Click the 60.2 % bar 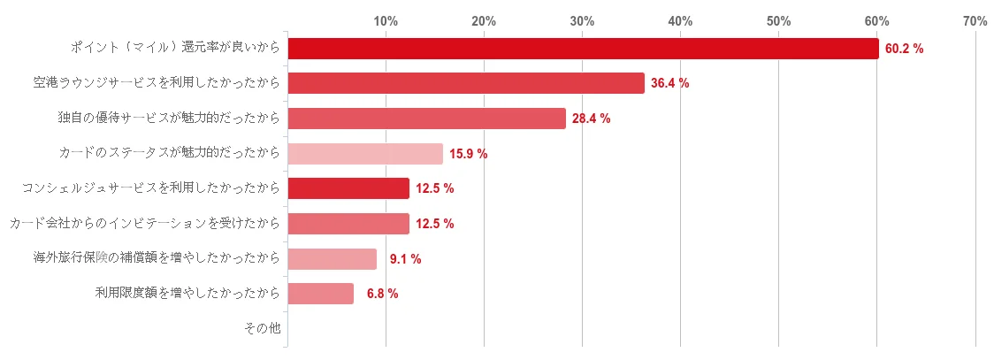(x=583, y=49)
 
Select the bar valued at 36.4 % (x=466, y=83)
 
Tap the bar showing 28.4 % (x=426, y=119)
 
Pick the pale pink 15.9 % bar (x=365, y=154)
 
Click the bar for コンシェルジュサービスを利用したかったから (x=348, y=188)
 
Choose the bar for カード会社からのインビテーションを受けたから (x=348, y=224)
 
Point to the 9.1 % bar (x=333, y=259)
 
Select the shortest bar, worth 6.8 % (x=321, y=294)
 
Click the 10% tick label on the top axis (x=386, y=20)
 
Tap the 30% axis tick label (x=582, y=20)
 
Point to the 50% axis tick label (x=778, y=20)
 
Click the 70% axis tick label (x=975, y=20)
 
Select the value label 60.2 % (x=904, y=50)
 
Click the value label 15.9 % (x=468, y=154)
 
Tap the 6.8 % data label (x=382, y=294)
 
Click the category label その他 (x=262, y=329)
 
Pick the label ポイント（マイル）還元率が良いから (x=175, y=49)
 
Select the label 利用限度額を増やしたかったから (x=187, y=294)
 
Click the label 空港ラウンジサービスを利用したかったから (x=157, y=83)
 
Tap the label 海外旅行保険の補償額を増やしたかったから (x=157, y=259)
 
